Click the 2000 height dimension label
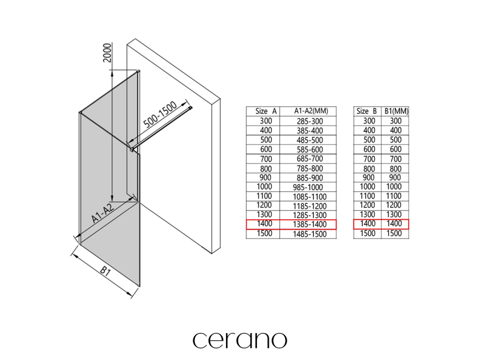coord(107,54)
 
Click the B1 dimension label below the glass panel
coord(105,272)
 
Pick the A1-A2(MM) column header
coord(308,111)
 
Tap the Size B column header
coord(367,111)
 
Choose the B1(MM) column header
coord(396,111)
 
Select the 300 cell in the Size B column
coord(369,121)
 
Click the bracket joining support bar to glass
coord(133,150)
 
